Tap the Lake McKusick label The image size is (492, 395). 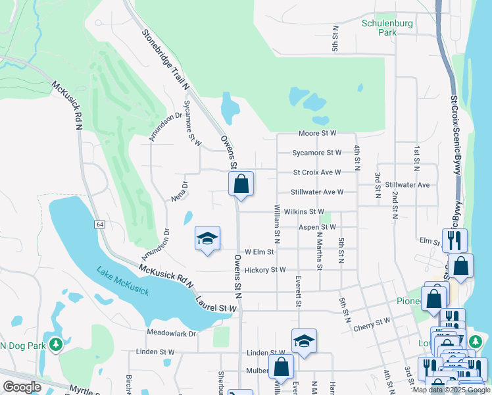pos(122,280)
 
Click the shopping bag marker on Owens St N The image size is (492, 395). pos(241,184)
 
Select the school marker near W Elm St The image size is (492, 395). pos(207,239)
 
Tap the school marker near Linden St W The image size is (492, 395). pos(304,342)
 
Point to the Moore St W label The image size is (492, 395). pos(317,133)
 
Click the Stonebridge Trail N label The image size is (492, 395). pos(165,59)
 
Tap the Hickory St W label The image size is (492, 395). pos(264,269)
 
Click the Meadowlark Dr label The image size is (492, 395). pos(172,334)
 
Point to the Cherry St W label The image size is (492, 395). pos(371,323)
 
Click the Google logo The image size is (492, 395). pos(22,387)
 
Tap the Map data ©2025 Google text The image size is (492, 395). pos(451,390)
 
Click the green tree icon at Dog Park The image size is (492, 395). pos(57,344)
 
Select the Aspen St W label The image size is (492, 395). pos(317,227)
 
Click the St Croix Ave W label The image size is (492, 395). pos(317,172)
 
